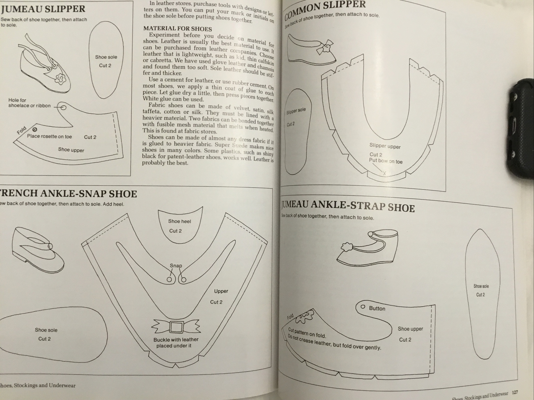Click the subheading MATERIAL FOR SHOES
178,29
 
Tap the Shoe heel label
180,221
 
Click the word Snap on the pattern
176,266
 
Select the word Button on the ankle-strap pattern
377,308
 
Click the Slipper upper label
385,146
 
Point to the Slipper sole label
296,111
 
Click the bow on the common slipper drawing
322,47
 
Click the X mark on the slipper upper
384,173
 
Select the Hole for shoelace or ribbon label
29,103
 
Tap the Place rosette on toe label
49,136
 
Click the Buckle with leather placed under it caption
176,343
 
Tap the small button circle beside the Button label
363,307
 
